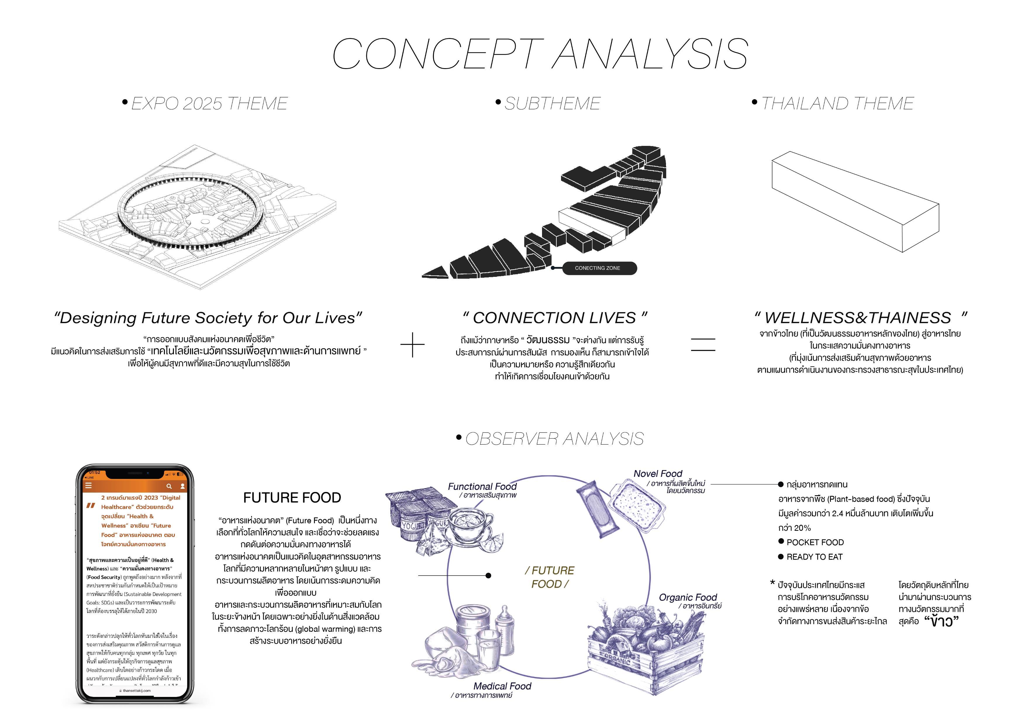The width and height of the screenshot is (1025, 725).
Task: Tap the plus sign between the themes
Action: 413,345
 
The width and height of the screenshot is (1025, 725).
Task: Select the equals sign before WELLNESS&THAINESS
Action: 703,345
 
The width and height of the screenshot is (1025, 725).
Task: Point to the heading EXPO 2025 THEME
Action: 209,103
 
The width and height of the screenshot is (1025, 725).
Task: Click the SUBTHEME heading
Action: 552,103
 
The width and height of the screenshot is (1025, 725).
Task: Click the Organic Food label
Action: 688,597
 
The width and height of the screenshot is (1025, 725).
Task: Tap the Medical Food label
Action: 502,686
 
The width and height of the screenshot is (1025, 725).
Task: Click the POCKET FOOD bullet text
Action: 815,542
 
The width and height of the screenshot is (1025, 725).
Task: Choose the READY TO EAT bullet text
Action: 814,557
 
